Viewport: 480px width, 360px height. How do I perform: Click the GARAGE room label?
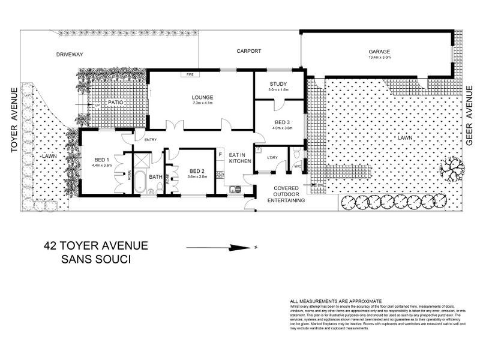click(379, 52)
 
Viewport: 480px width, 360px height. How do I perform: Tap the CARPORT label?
click(248, 52)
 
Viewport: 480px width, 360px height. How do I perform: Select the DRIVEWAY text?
click(70, 54)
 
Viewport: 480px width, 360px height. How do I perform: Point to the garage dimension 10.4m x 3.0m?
click(379, 58)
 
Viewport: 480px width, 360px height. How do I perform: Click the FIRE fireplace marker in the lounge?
click(190, 74)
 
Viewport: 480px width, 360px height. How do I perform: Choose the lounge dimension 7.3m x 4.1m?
click(203, 103)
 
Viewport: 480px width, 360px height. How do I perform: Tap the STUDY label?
click(278, 84)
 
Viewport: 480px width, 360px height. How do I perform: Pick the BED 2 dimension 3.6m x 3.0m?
click(197, 176)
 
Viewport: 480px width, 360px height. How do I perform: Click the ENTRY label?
click(151, 140)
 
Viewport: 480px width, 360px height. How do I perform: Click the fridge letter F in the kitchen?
click(220, 155)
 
